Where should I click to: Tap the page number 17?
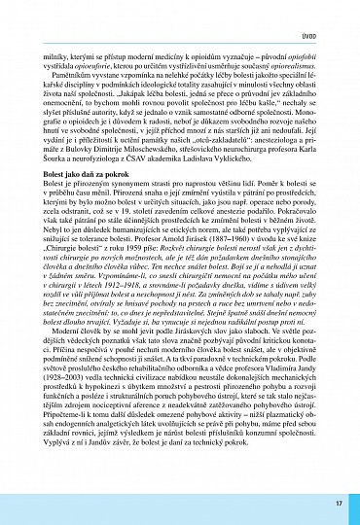click(338, 504)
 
